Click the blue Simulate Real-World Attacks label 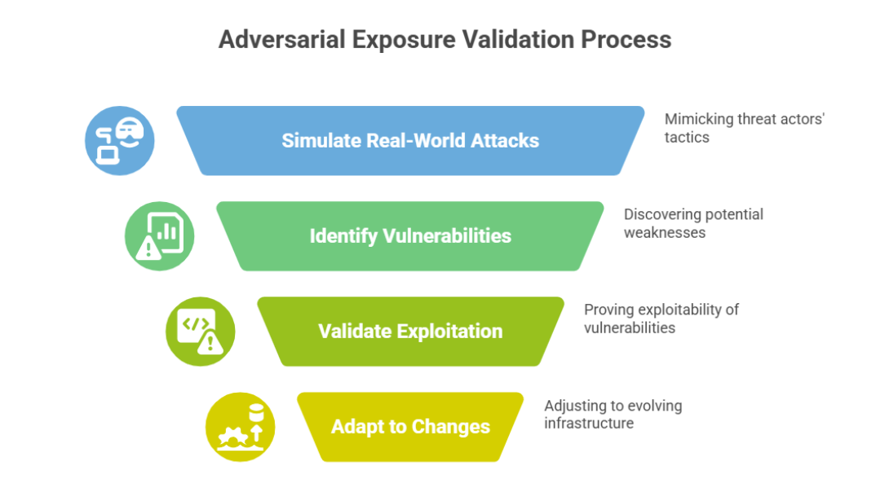point(410,140)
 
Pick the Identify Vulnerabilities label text point(410,236)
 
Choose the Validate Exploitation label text point(410,331)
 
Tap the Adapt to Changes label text point(410,427)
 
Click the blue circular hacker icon point(120,140)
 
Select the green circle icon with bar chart point(159,236)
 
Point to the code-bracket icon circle point(200,331)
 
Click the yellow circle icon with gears point(240,427)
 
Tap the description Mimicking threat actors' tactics point(744,128)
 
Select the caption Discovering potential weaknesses point(692,223)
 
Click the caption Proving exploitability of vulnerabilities point(661,319)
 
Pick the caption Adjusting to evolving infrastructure point(613,414)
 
